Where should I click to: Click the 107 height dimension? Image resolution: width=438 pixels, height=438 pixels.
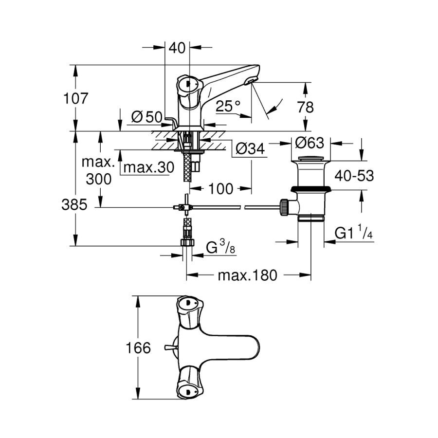(76, 99)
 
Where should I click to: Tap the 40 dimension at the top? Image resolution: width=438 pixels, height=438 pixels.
(177, 47)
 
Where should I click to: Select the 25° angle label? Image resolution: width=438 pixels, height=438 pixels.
(228, 106)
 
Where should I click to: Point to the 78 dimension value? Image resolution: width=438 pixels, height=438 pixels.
(305, 107)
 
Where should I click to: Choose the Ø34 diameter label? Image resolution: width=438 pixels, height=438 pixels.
(249, 149)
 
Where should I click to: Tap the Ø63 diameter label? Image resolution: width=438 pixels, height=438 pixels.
(309, 143)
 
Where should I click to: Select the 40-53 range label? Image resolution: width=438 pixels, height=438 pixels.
(354, 175)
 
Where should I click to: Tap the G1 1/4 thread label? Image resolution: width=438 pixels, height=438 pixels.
(354, 234)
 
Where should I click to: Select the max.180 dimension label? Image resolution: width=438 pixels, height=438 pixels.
(247, 275)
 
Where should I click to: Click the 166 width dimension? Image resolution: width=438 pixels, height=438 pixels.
(138, 348)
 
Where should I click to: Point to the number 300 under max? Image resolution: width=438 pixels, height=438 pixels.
(98, 179)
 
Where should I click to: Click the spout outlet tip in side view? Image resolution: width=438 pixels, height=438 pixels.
(251, 81)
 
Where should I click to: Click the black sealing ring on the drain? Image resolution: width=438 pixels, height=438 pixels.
(311, 189)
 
